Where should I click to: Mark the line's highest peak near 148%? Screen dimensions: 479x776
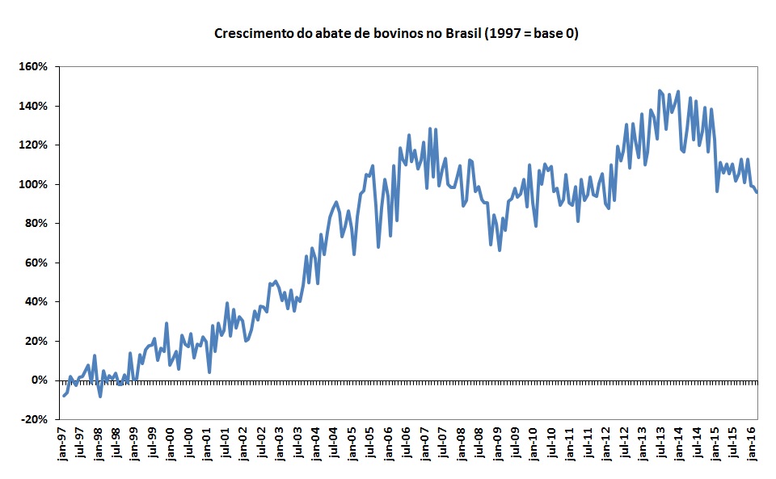click(x=660, y=90)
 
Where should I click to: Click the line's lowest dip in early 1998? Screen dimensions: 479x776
click(x=100, y=396)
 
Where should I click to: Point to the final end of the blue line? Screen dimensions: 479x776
click(x=757, y=192)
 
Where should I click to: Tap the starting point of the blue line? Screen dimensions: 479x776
click(x=63, y=395)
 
